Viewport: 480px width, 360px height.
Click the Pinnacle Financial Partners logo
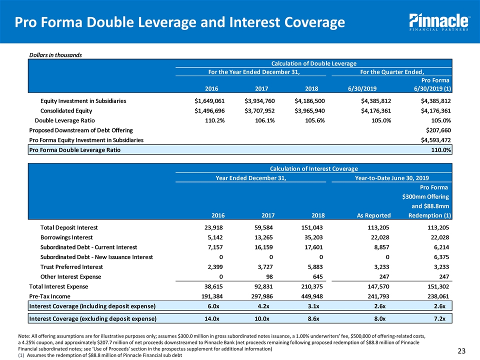pos(438,22)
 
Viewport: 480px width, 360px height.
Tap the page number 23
pos(466,350)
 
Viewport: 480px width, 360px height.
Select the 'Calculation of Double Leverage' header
pos(313,63)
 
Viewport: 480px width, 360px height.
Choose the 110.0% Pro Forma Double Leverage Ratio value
pos(440,149)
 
